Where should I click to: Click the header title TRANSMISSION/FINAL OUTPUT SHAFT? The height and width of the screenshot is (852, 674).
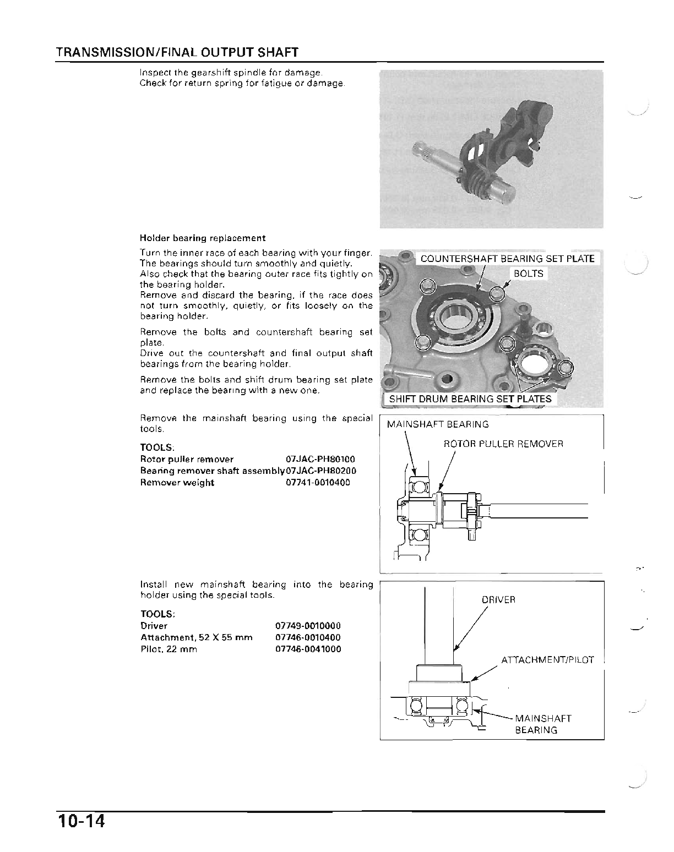pyautogui.click(x=177, y=53)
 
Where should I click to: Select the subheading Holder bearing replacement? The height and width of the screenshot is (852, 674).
pyautogui.click(x=203, y=238)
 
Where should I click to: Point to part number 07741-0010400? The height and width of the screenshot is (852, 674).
pyautogui.click(x=318, y=483)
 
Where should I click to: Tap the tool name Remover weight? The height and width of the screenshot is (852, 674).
pyautogui.click(x=177, y=483)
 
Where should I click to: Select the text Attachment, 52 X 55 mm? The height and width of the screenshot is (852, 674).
pyautogui.click(x=197, y=637)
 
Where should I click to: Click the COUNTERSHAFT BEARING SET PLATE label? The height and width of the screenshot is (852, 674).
pyautogui.click(x=507, y=259)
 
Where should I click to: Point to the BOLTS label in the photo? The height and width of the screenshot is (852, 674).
pyautogui.click(x=528, y=274)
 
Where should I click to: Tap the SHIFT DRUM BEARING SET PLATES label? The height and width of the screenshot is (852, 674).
pyautogui.click(x=470, y=399)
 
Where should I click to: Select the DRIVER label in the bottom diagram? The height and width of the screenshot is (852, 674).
pyautogui.click(x=498, y=600)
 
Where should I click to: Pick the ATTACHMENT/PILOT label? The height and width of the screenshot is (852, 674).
pyautogui.click(x=547, y=660)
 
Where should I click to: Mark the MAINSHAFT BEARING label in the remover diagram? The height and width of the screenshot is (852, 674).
pyautogui.click(x=438, y=424)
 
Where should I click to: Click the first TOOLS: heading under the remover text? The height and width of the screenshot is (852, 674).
pyautogui.click(x=156, y=447)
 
